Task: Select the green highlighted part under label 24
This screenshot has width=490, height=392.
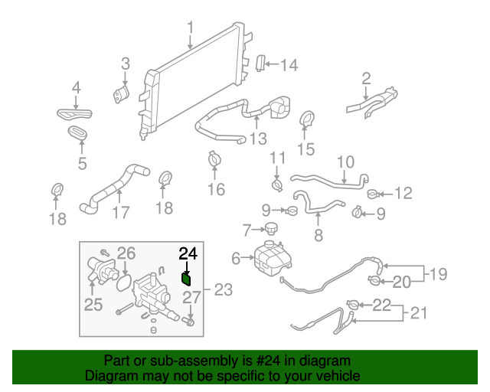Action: pos(186,278)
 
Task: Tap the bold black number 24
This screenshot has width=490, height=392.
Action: pos(188,253)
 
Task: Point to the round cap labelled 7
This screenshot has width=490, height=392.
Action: pos(269,229)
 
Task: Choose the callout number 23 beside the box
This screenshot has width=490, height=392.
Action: pos(223,290)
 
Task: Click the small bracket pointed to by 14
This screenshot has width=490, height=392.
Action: pos(260,64)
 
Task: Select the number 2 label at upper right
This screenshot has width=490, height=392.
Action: pos(366,78)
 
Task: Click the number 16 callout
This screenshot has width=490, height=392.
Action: pos(217,189)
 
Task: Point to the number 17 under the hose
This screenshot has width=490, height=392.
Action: pos(120,212)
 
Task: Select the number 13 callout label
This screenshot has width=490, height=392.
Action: pos(258,139)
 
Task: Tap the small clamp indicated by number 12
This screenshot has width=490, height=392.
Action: pos(373,194)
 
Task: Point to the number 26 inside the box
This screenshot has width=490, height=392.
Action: pos(126,253)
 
